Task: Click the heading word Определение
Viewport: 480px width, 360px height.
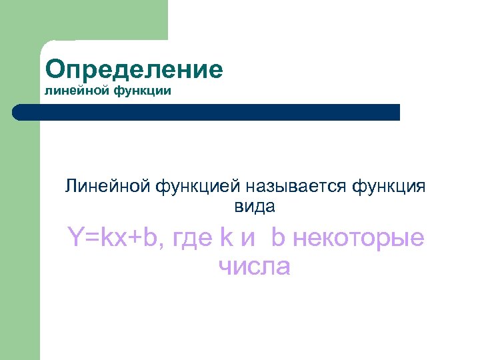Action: pos(134,69)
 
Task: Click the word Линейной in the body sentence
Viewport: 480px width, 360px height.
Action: pos(108,186)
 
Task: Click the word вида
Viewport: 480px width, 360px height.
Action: pos(254,207)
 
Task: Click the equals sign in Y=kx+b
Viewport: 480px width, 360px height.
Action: pos(90,237)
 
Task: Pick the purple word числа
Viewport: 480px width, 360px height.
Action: pos(254,267)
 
